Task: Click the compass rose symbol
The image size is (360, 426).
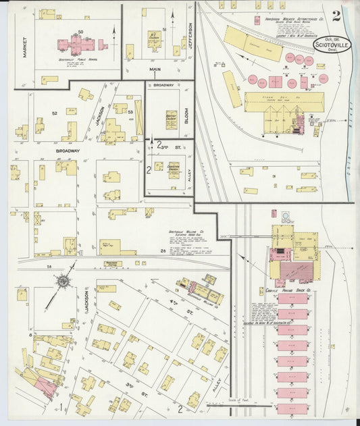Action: point(63,280)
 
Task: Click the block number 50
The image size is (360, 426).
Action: point(80,32)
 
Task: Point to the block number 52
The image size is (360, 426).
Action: point(54,113)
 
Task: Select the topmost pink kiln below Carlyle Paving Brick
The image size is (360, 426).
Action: point(292,298)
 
